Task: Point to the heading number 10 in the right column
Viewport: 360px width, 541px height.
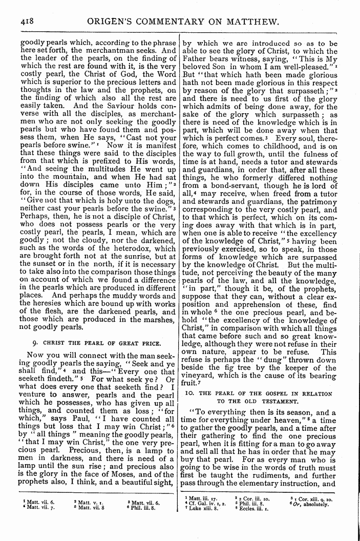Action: click(187, 392)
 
